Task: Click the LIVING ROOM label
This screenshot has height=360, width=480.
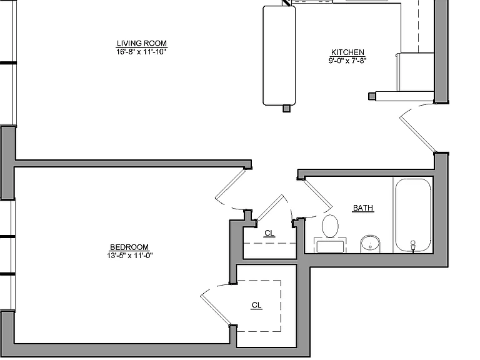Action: coord(142,44)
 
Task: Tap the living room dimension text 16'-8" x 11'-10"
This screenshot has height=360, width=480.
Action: coord(141,52)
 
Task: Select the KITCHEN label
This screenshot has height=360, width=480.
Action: coord(347,52)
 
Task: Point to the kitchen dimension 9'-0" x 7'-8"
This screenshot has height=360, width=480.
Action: coord(347,61)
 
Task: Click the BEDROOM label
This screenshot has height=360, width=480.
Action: coord(129,247)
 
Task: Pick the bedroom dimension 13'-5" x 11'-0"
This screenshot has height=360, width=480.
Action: coord(130,255)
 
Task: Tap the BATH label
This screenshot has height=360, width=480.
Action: coord(363,208)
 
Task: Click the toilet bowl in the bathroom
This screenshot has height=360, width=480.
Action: coord(330,226)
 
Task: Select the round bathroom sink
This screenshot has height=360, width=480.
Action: coord(370,244)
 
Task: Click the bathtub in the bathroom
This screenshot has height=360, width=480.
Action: coord(413,215)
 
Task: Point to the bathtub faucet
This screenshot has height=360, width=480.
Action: coord(413,246)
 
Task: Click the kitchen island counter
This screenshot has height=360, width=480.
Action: coord(279,56)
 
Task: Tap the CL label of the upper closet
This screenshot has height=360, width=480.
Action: coord(269,233)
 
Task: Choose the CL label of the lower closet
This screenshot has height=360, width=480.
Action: coord(256,305)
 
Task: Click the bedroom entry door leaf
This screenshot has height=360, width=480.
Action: coord(230,184)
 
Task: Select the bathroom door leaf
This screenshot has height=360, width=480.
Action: coord(317,194)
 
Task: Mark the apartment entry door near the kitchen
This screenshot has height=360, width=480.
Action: coord(417,134)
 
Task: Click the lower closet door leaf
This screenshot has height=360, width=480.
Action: coord(216,310)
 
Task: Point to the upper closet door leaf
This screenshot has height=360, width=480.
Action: coord(270,207)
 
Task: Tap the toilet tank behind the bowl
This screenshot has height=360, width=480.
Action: coord(330,246)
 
